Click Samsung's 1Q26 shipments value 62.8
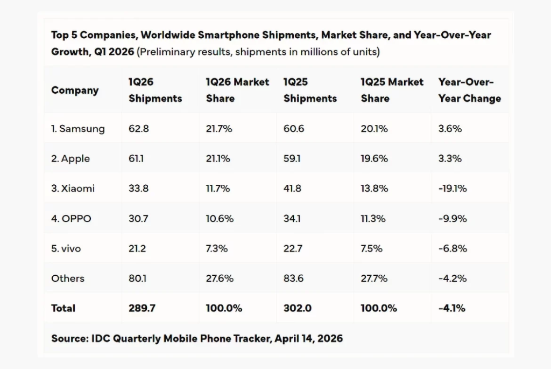pyautogui.click(x=138, y=129)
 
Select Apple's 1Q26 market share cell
pyautogui.click(x=218, y=159)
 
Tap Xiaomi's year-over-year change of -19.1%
pyautogui.click(x=453, y=189)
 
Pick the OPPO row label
pyautogui.click(x=71, y=219)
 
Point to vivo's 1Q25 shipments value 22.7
pyautogui.click(x=294, y=248)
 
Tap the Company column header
pyautogui.click(x=75, y=90)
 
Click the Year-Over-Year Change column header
pyautogui.click(x=469, y=90)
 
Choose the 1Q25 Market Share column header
pyautogui.click(x=392, y=90)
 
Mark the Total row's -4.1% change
pyautogui.click(x=452, y=308)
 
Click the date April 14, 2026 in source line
pyautogui.click(x=308, y=338)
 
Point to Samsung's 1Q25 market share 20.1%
pyautogui.click(x=375, y=129)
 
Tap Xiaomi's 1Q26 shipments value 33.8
pyautogui.click(x=138, y=189)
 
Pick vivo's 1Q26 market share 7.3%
pyautogui.click(x=217, y=248)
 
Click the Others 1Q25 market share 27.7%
pyautogui.click(x=375, y=279)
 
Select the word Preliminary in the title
pyautogui.click(x=164, y=52)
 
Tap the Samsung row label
pyautogui.click(x=78, y=129)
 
